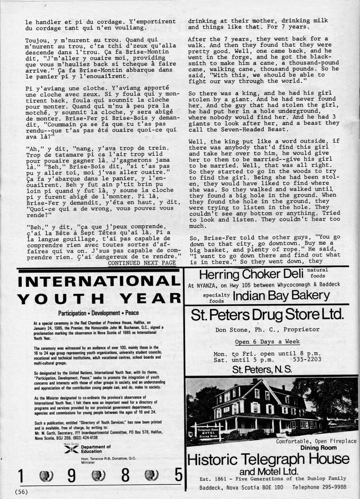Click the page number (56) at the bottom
[22, 491]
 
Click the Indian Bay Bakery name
[281, 296]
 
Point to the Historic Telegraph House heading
[268, 459]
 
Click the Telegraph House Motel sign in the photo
[206, 430]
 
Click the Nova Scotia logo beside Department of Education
[68, 449]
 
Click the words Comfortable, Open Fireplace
[316, 441]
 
